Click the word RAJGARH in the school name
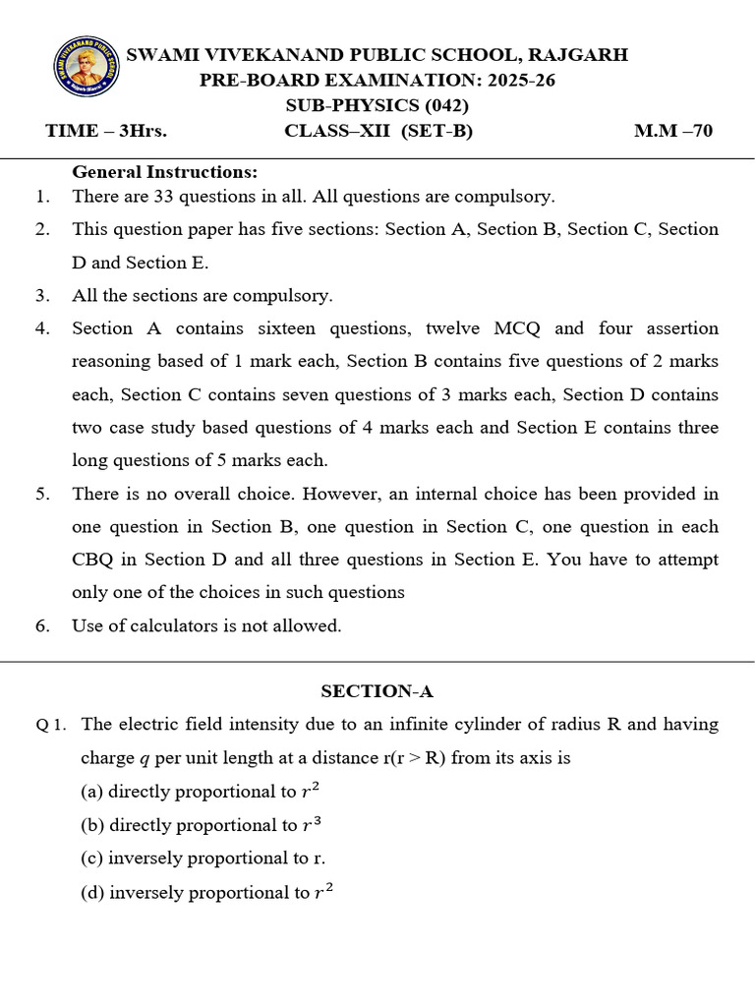(x=579, y=55)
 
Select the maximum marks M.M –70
(x=673, y=131)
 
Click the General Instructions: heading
(x=165, y=172)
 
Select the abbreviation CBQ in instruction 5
(x=93, y=560)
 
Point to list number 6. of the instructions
(x=42, y=626)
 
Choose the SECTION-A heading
(x=377, y=691)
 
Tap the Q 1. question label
(x=51, y=726)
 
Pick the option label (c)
(x=92, y=858)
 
